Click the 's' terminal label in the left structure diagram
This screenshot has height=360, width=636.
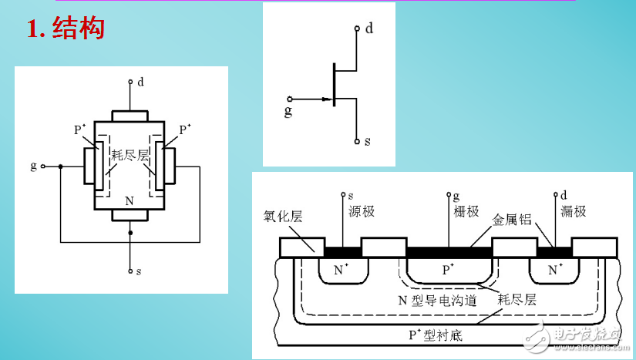pyautogui.click(x=138, y=272)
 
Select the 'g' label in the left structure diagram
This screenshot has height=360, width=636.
pyautogui.click(x=33, y=165)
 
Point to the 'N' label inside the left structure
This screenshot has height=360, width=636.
pyautogui.click(x=129, y=200)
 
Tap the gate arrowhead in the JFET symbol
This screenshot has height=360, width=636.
pyautogui.click(x=324, y=99)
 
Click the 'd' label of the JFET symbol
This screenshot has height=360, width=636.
pyautogui.click(x=369, y=29)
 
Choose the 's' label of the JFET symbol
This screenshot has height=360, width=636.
pyautogui.click(x=368, y=142)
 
